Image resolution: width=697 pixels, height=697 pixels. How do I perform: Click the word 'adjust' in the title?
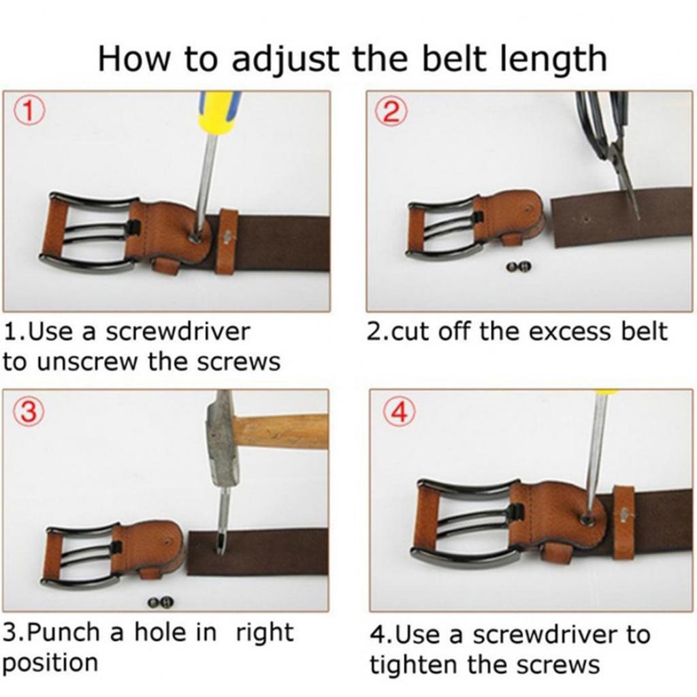pyautogui.click(x=283, y=59)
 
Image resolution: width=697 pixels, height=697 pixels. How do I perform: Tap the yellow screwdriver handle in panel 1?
pyautogui.click(x=218, y=112)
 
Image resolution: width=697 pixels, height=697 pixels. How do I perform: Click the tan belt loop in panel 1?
pyautogui.click(x=227, y=242)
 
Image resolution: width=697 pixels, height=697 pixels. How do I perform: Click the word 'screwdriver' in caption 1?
pyautogui.click(x=180, y=332)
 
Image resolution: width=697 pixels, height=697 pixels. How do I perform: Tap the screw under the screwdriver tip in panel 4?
pyautogui.click(x=585, y=519)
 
